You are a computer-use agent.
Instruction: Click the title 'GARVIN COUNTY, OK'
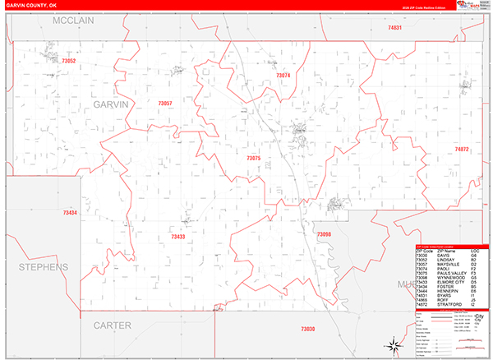click(30, 4)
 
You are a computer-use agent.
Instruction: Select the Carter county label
click(112, 325)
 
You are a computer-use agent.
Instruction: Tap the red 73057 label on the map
click(164, 103)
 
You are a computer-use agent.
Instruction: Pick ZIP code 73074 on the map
click(283, 76)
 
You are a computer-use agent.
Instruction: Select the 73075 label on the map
click(253, 158)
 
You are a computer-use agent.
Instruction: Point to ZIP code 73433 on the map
click(177, 237)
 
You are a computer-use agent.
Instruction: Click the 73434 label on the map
click(70, 213)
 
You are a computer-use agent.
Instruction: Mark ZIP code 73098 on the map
click(324, 234)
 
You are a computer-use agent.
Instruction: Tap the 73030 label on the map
click(306, 329)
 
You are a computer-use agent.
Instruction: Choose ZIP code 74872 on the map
click(461, 150)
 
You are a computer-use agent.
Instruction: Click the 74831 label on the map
click(395, 28)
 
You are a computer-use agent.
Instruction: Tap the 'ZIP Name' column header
click(443, 250)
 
